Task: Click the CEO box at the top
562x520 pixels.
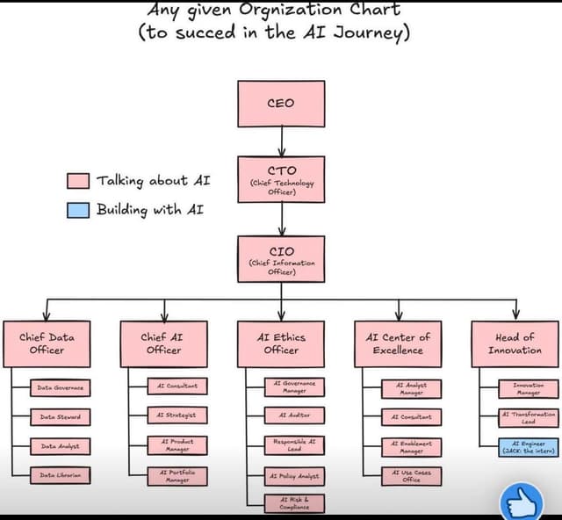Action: coord(281,104)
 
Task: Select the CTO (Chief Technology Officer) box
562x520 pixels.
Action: coord(281,179)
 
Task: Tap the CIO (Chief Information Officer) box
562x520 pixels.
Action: coord(281,260)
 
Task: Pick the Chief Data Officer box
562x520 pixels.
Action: coord(47,343)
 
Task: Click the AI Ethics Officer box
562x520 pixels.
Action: coord(281,343)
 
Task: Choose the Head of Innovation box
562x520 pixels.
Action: coord(515,343)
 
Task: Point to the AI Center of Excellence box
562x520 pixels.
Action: coord(399,343)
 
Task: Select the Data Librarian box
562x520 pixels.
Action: coord(60,475)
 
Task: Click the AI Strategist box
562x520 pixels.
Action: coord(177,415)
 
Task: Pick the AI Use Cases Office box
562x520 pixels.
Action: coord(411,475)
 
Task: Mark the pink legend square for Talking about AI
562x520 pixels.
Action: coord(78,181)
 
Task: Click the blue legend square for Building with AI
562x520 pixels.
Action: coord(78,210)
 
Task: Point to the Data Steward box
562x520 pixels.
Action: coord(60,416)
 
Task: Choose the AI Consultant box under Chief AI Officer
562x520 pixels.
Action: coord(177,386)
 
